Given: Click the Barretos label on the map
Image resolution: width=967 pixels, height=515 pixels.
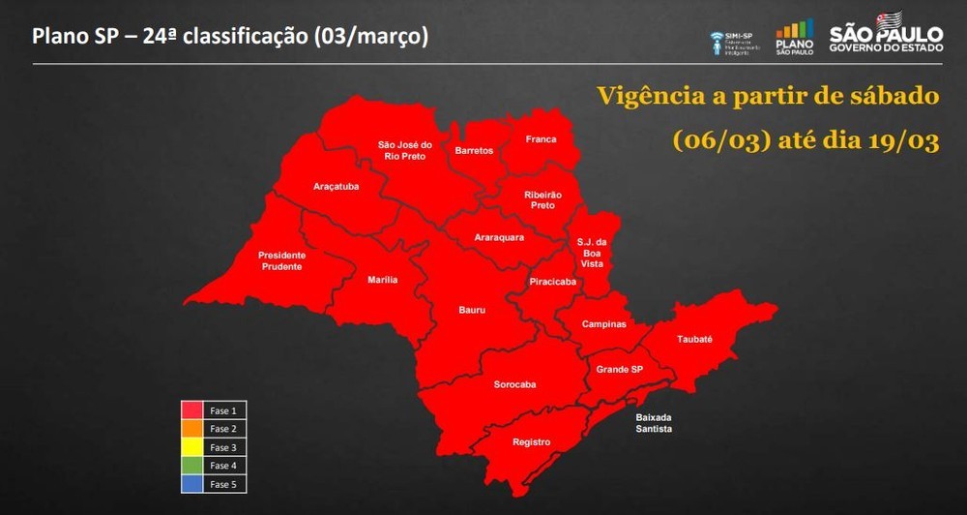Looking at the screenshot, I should (474, 151).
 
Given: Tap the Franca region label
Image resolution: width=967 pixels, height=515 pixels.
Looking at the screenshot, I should (542, 139).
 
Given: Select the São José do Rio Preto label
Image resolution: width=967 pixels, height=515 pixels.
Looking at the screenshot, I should (404, 151).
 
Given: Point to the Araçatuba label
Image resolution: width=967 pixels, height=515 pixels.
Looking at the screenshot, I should (337, 186).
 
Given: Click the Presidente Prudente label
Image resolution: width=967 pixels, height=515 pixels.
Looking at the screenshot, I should (280, 260).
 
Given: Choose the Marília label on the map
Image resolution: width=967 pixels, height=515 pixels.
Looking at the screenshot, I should (383, 280).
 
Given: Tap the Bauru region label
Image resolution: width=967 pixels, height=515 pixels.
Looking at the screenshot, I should (472, 311).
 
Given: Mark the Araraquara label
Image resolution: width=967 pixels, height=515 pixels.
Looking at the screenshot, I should (499, 237).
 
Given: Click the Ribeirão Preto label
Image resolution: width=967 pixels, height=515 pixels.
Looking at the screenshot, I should (543, 199).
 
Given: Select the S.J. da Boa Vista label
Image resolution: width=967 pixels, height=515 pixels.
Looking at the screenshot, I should (591, 252).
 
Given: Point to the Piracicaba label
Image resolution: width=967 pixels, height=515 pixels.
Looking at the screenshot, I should (553, 282).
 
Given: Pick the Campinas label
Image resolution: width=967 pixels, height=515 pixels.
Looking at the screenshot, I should (603, 324).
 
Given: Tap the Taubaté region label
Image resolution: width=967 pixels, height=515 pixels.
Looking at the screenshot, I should (694, 340).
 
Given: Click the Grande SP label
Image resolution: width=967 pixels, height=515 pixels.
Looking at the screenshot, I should (620, 370).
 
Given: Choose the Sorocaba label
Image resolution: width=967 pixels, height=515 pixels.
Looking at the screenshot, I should (514, 385).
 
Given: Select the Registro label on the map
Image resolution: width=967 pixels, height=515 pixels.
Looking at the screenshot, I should (532, 442).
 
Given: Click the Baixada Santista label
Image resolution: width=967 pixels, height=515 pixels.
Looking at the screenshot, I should (654, 423).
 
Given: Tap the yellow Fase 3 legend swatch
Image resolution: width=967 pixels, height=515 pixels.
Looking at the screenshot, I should (191, 447).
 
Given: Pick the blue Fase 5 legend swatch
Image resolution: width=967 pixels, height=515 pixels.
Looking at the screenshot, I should (191, 484).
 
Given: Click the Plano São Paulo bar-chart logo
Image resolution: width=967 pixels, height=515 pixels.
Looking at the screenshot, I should (794, 38).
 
